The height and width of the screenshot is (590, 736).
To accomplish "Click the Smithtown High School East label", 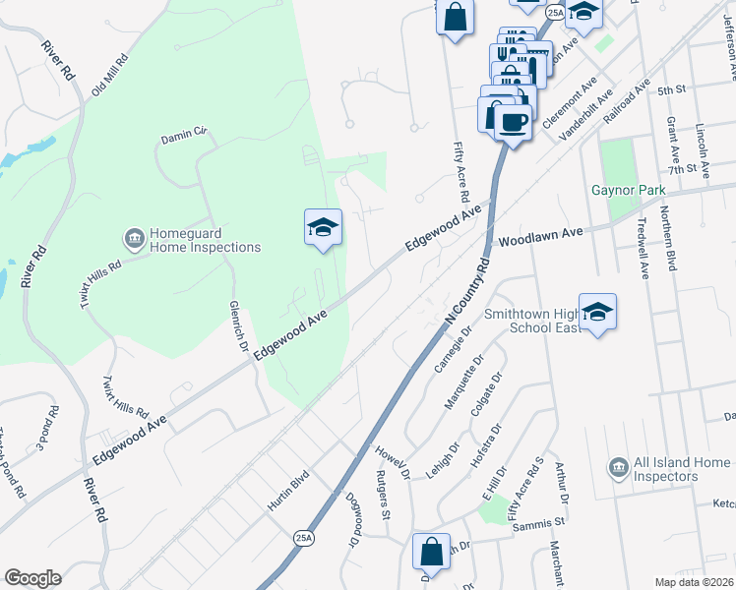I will [x=530, y=321].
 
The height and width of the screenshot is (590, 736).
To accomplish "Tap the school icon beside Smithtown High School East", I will [x=597, y=312].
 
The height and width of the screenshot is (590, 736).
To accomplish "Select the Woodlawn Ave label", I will [x=541, y=237].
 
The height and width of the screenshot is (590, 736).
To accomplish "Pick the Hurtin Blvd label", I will [x=288, y=490].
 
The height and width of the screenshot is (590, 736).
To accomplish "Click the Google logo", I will [x=32, y=578].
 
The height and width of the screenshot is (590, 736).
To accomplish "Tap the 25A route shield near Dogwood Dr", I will [x=303, y=538].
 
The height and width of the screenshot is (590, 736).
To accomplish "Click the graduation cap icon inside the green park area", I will [x=323, y=227].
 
